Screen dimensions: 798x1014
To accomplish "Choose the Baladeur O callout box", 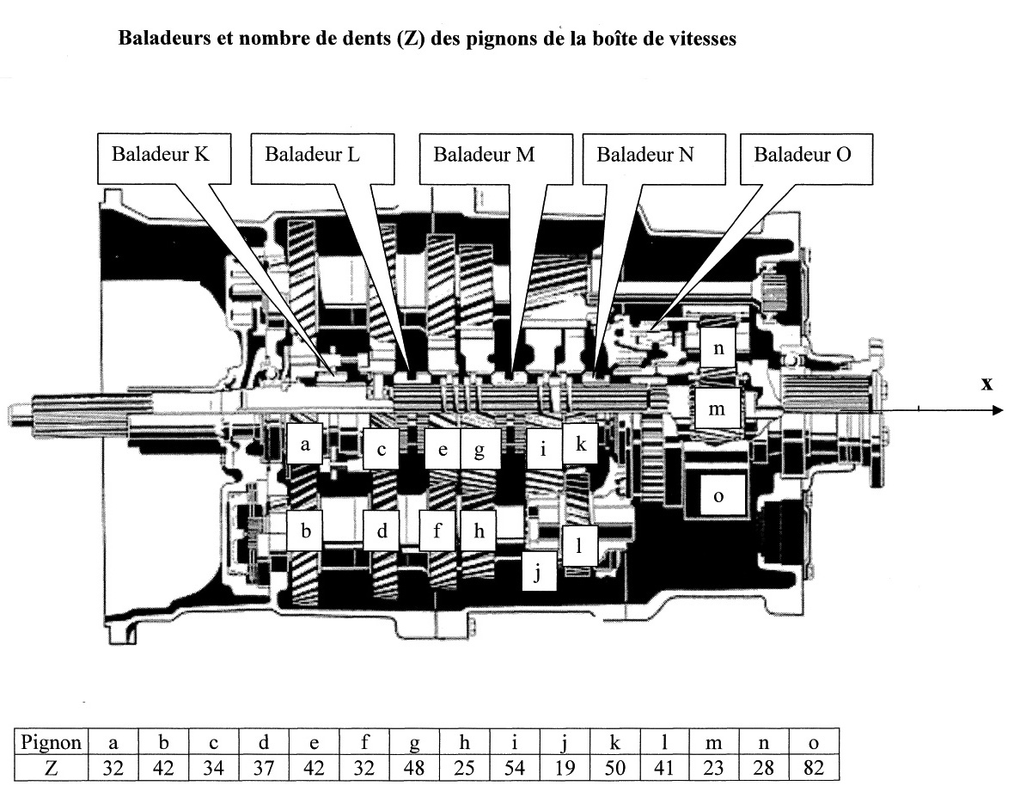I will tap(803, 157).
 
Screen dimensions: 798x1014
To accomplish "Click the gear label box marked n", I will tap(718, 349).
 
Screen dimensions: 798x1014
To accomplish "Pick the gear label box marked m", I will tap(717, 409).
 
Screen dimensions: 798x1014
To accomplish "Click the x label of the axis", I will tap(987, 384).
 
